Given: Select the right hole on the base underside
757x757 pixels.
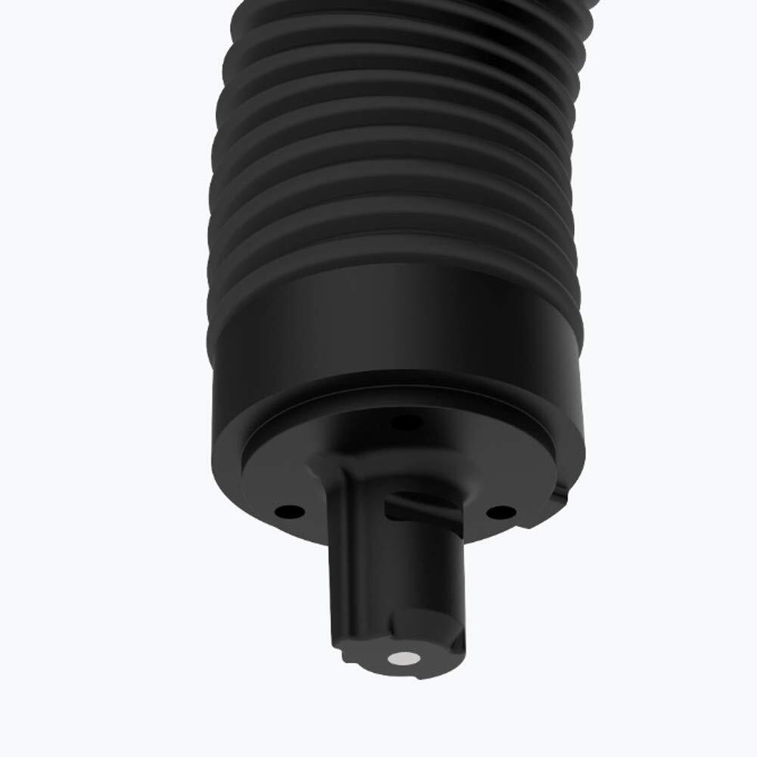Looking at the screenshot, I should point(498,512).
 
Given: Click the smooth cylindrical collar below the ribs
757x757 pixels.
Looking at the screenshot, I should point(394,326).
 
